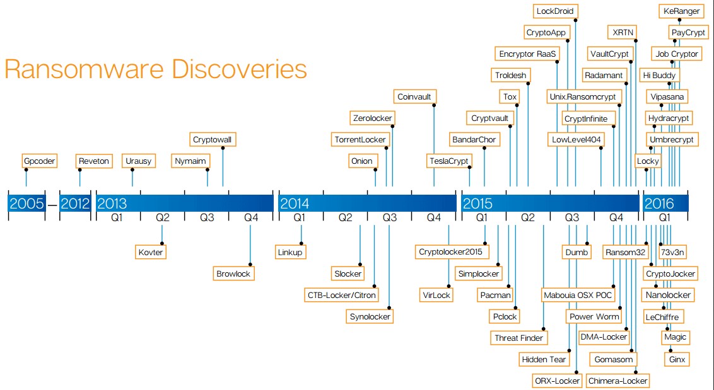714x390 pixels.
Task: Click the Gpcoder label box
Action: coord(40,161)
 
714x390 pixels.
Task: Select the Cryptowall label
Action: coord(212,139)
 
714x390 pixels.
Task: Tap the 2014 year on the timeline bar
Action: coord(295,203)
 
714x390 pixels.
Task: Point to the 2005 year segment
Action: coord(27,203)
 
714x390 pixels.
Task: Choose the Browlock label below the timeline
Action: coord(233,273)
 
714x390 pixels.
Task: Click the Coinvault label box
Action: coord(414,96)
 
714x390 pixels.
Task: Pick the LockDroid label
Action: coord(554,11)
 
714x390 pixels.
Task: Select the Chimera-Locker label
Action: coord(618,381)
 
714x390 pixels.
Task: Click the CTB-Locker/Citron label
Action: coord(341,295)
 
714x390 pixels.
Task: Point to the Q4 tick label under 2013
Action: coord(251,217)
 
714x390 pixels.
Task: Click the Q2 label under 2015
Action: coord(528,217)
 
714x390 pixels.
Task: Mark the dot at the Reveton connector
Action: coord(79,170)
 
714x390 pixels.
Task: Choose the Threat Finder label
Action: coord(518,338)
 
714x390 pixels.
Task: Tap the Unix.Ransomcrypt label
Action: coord(582,96)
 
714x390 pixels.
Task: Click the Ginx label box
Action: coord(677,359)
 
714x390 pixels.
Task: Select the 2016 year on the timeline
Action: coord(659,203)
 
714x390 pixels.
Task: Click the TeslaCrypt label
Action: coord(449,161)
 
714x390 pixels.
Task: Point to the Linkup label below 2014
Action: coord(290,252)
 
